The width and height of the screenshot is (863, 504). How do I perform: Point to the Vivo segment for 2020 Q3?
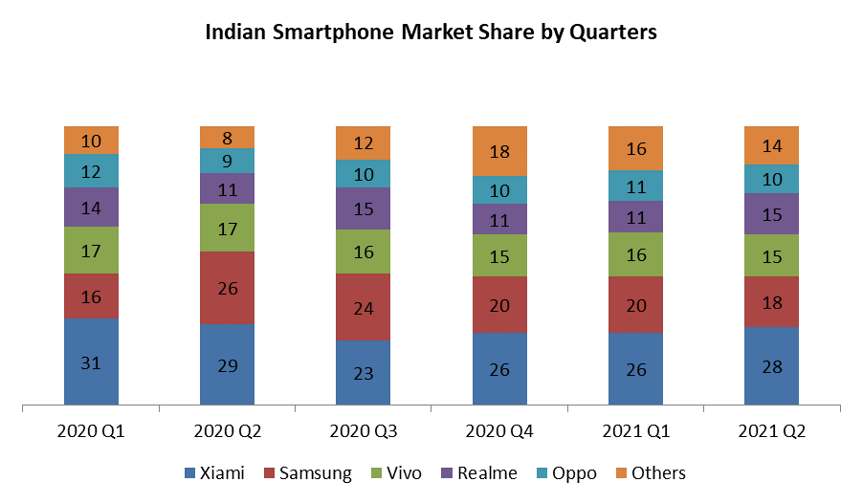click(364, 252)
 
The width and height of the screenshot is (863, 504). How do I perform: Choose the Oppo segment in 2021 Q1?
click(635, 186)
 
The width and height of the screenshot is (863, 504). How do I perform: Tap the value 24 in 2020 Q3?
click(364, 308)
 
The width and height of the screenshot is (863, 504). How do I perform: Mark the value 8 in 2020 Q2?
click(228, 137)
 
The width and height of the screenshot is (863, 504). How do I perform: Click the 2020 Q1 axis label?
click(91, 431)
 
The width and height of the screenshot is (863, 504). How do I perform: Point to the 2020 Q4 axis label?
click(499, 431)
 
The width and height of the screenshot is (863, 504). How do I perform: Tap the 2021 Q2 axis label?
click(771, 431)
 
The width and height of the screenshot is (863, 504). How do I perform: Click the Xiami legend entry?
click(215, 473)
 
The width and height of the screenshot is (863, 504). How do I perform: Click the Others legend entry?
click(650, 473)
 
